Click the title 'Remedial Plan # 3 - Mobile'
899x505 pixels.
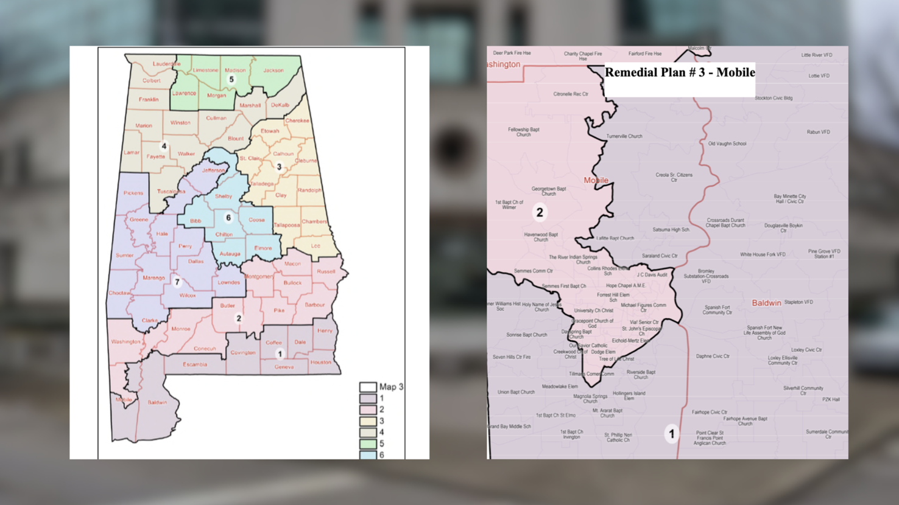(x=679, y=72)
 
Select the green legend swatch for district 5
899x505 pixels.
(x=367, y=444)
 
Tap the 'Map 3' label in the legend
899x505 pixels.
(x=391, y=387)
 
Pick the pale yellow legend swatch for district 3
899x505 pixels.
(x=367, y=421)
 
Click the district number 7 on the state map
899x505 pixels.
(x=177, y=282)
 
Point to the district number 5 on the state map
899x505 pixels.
(x=231, y=79)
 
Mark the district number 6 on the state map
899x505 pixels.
(x=228, y=217)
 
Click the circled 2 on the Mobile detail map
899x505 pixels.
(x=539, y=212)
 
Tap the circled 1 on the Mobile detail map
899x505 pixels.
(x=671, y=434)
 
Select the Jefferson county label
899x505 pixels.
(x=213, y=170)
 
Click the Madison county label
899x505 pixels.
(x=235, y=70)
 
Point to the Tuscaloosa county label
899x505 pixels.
(x=171, y=191)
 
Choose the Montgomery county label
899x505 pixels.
(x=259, y=276)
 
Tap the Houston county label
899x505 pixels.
(x=320, y=362)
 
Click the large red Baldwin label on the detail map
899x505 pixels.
(x=766, y=302)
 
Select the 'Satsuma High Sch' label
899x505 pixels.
(x=671, y=230)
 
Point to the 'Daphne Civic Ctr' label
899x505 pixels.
(x=713, y=357)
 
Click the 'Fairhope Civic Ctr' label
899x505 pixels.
(x=709, y=412)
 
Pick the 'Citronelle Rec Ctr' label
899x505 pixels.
(x=570, y=94)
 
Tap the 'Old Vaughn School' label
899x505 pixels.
(x=727, y=144)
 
